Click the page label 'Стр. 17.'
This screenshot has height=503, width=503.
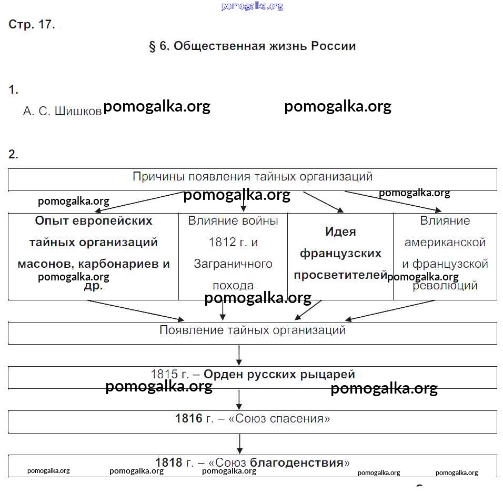pos(32,25)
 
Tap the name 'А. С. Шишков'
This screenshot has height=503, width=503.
pos(62,112)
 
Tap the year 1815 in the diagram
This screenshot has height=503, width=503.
pos(165,375)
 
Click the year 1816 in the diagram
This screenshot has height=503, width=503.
pos(188,419)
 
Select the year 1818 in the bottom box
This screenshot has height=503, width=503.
pos(168,463)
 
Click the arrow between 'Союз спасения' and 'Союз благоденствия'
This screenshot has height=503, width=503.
pos(239,444)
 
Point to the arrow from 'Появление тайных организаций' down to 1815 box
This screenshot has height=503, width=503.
pos(239,355)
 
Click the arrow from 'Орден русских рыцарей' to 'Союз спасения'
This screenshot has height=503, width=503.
pos(239,399)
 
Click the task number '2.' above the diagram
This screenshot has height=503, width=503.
pos(13,155)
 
